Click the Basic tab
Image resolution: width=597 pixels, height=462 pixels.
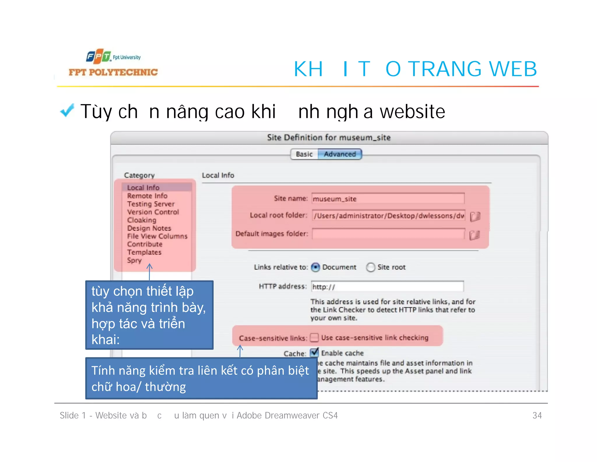[x=304, y=154]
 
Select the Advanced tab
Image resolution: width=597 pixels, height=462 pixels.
[x=340, y=154]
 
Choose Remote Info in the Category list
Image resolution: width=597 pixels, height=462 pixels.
[x=147, y=196]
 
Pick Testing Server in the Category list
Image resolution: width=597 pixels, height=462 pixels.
[x=151, y=204]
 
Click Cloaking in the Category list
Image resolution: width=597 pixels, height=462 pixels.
[x=142, y=220]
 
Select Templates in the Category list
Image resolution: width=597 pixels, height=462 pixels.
[x=144, y=252]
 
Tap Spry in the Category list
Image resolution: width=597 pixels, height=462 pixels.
[x=134, y=260]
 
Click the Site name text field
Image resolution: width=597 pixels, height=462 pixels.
[x=388, y=199]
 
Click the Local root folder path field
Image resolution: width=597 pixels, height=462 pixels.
[x=388, y=216]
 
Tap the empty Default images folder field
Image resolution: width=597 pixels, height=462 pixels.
[x=388, y=234]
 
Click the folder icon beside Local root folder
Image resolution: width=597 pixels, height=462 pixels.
[x=475, y=216]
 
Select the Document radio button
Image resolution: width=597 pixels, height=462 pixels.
[x=315, y=267]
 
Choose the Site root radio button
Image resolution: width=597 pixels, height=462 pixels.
[x=371, y=267]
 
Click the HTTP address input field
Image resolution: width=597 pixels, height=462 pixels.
[x=387, y=287]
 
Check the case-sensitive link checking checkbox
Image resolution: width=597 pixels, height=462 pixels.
[x=314, y=338]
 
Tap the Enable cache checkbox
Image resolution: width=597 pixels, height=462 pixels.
[x=314, y=353]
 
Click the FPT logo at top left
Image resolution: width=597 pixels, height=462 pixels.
[x=99, y=56]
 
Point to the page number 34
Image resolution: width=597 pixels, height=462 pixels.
[x=537, y=415]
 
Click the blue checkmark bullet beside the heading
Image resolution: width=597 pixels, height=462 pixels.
[x=67, y=111]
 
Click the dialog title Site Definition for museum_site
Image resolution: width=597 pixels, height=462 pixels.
[x=329, y=137]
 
